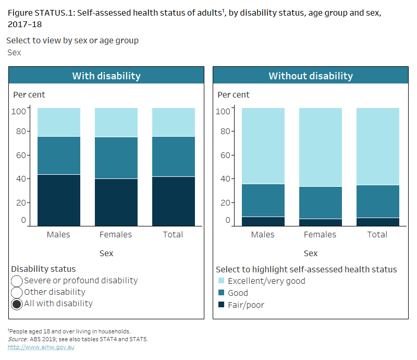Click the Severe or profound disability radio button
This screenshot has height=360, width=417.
[x=17, y=281]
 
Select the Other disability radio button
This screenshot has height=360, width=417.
[x=17, y=293]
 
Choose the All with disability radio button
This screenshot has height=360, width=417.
[x=17, y=304]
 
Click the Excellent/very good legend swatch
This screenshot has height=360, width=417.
[x=221, y=281]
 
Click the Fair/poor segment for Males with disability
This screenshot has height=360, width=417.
[x=58, y=200]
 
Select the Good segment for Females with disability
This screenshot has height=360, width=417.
[x=116, y=158]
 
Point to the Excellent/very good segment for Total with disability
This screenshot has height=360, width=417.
[x=173, y=122]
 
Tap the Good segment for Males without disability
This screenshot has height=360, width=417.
[x=263, y=200]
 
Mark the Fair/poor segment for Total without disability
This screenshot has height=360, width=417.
[x=377, y=222]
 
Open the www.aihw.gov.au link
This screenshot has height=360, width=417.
[x=41, y=347]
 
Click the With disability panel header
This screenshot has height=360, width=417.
[x=106, y=76]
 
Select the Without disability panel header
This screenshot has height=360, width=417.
[x=311, y=76]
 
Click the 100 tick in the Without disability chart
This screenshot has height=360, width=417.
[x=223, y=111]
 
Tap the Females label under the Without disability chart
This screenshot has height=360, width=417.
[x=320, y=235]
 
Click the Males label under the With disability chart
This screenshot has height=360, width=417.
[x=58, y=235]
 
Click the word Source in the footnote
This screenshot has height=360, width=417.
[x=17, y=339]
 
